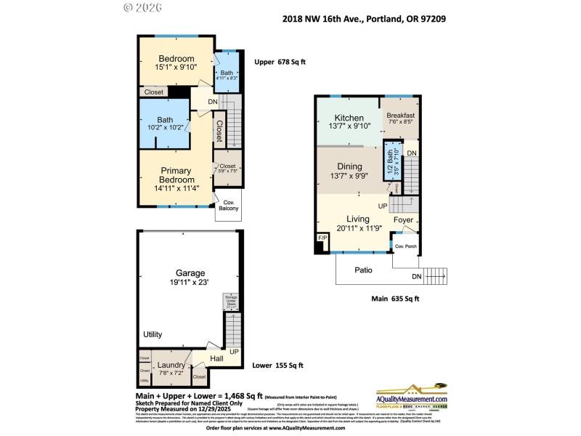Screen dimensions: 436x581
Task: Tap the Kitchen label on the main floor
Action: click(350, 118)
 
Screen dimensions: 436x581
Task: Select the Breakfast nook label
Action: click(400, 116)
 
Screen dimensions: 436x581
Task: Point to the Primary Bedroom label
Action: click(177, 175)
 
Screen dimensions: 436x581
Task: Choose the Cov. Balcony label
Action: click(228, 205)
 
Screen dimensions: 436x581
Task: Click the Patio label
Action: click(363, 270)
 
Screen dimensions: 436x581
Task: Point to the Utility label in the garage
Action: click(153, 334)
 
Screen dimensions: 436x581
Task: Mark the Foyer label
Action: click(403, 220)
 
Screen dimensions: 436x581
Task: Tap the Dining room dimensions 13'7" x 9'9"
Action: click(350, 175)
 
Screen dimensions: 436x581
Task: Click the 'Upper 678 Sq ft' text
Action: click(280, 62)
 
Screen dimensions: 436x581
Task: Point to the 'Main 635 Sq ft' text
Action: click(396, 298)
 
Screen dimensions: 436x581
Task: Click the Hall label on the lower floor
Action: click(216, 358)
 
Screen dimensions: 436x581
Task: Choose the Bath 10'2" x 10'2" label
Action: click(165, 125)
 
